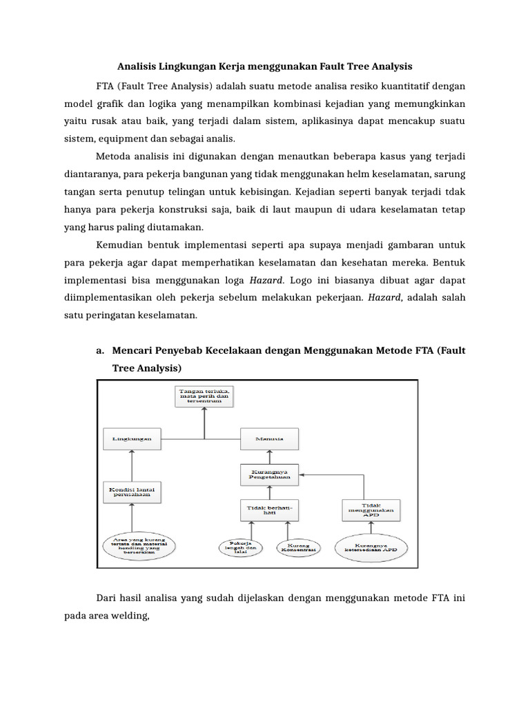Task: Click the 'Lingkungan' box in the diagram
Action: click(x=132, y=438)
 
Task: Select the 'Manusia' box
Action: click(x=270, y=438)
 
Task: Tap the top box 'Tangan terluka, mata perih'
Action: click(x=204, y=396)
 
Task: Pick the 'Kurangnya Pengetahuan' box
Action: click(x=270, y=473)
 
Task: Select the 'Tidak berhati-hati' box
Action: click(x=270, y=510)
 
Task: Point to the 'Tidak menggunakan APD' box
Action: click(x=371, y=510)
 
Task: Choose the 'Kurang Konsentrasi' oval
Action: click(x=297, y=549)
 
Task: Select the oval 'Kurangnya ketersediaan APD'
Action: click(x=371, y=549)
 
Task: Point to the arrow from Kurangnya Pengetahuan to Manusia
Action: click(x=270, y=456)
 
